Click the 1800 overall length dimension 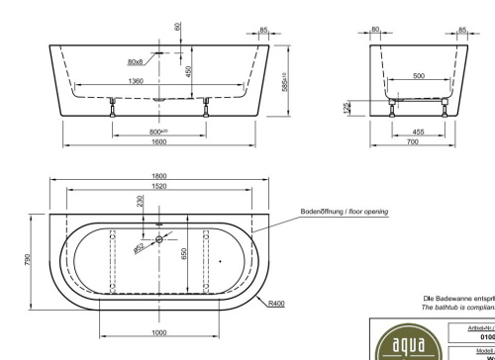tap(158, 176)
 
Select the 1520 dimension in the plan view tap(158, 186)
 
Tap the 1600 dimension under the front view tap(158, 141)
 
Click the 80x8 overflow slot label tap(136, 62)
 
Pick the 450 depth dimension tap(186, 71)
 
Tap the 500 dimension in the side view tap(419, 75)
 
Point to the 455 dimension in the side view tap(419, 131)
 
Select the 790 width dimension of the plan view tap(27, 259)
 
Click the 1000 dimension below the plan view tap(158, 332)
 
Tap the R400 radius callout tap(276, 304)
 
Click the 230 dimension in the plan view tap(141, 201)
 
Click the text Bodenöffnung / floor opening tap(344, 212)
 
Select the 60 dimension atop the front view tap(176, 27)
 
